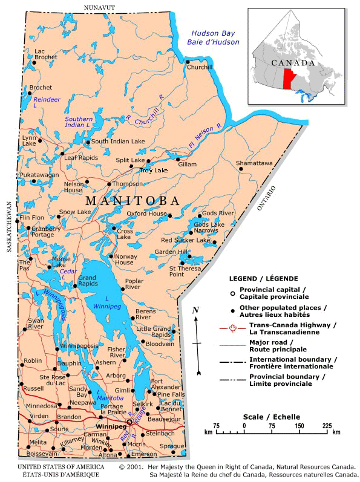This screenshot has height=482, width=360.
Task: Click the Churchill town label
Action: (200, 67)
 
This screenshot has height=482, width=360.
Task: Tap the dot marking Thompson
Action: (109, 184)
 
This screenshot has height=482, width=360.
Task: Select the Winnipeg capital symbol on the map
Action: (129, 422)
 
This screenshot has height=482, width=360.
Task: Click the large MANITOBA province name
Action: (133, 201)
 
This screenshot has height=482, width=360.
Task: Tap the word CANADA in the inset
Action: (292, 63)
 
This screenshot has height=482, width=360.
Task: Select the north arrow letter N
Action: (195, 310)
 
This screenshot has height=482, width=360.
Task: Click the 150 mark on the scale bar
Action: (299, 426)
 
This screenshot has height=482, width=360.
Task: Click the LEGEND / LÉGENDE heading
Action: (263, 279)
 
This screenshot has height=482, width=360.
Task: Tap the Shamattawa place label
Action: (254, 163)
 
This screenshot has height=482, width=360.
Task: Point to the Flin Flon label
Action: (32, 217)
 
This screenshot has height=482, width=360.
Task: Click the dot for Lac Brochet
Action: (34, 62)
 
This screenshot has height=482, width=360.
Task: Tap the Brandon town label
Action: (69, 417)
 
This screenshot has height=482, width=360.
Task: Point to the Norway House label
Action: (124, 259)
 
